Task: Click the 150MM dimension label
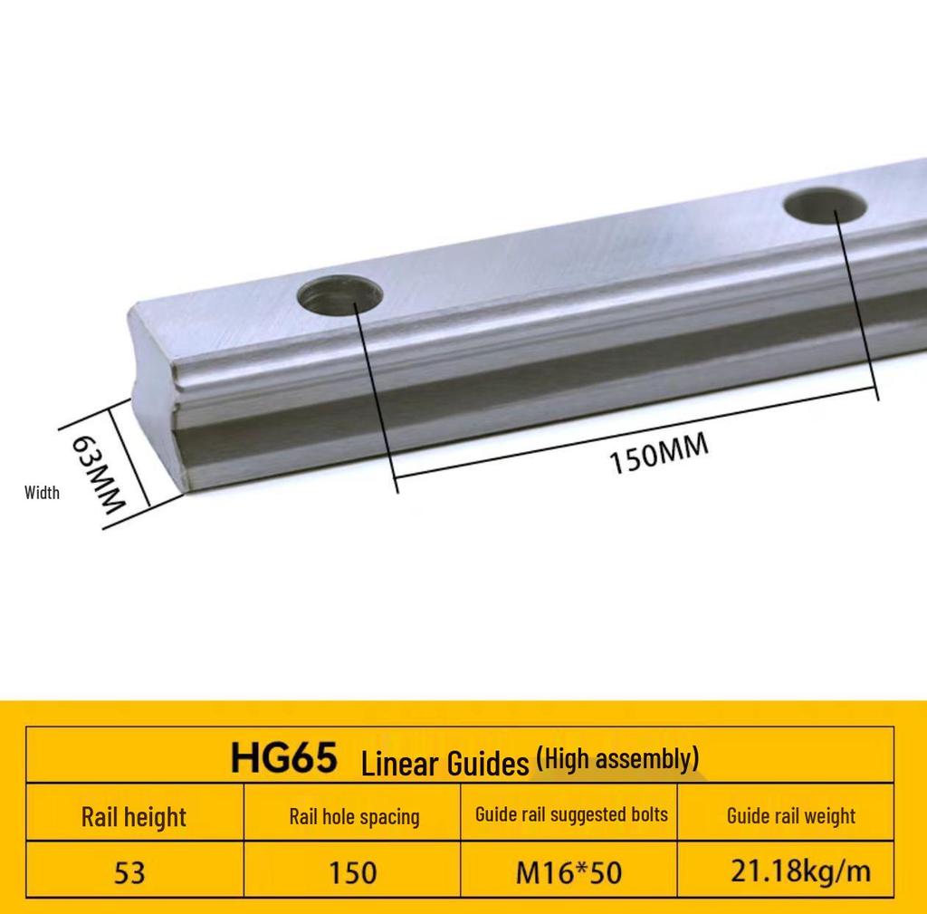pos(658,454)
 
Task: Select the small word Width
pos(42,493)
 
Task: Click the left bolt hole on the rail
pos(341,296)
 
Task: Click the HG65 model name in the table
pos(283,757)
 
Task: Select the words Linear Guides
pos(444,764)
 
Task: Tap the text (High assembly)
pos(617,758)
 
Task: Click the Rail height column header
pos(133,816)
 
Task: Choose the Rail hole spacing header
pos(354,816)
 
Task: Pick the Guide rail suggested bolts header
pos(571,813)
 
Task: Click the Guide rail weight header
pos(790,815)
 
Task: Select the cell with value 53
pos(129,872)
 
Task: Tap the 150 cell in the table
pos(352,872)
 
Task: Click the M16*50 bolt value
pos(569,872)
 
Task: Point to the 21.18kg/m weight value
pos(800,871)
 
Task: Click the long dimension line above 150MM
pos(634,435)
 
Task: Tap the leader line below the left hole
pos(376,390)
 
